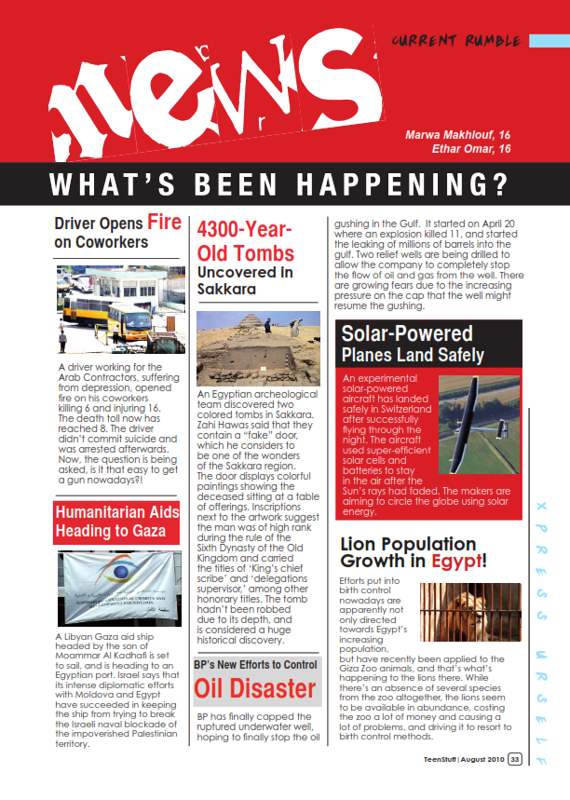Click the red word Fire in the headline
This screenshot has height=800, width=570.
164,223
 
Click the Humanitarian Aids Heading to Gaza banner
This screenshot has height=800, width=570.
116,522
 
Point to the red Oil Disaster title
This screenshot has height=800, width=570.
254,688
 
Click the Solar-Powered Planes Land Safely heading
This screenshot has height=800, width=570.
413,344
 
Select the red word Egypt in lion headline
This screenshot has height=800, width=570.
454,562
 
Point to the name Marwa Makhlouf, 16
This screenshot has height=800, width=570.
457,135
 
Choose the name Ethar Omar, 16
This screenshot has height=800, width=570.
471,149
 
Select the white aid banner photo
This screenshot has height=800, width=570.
115,587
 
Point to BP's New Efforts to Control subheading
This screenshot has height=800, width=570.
256,665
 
